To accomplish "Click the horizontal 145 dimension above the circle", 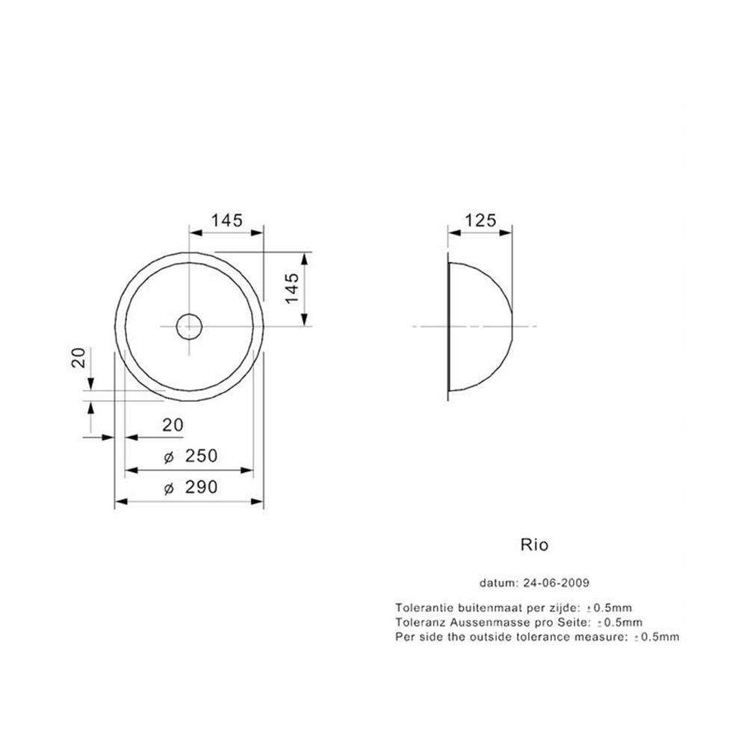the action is coord(227,220).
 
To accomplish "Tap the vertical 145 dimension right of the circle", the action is coord(291,288).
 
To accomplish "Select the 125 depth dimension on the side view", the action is coord(480,220).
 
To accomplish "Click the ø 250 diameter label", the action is coord(190,456).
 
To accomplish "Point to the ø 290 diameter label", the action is coord(190,487).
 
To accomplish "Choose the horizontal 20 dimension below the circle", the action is coord(173,425).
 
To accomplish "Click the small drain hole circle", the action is coord(189,326).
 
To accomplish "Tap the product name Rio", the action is coord(535,545).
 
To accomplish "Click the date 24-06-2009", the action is coord(556,583).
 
